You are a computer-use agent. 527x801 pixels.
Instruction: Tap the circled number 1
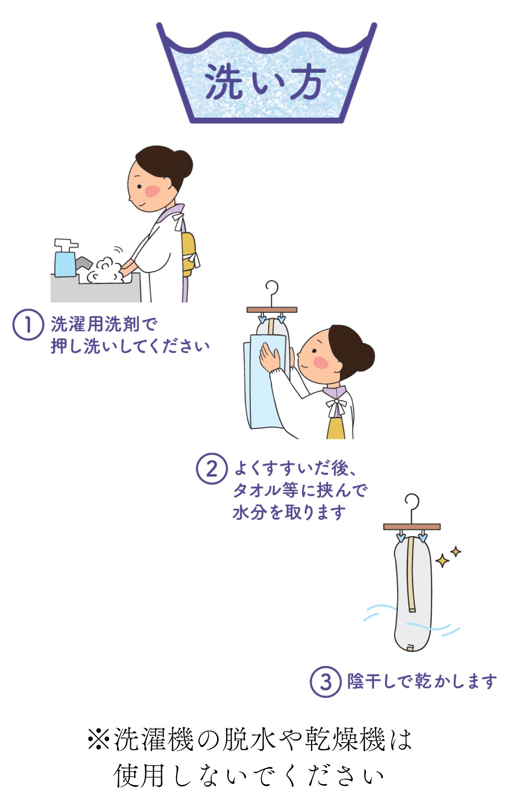pyautogui.click(x=28, y=324)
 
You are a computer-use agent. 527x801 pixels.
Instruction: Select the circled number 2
pyautogui.click(x=212, y=469)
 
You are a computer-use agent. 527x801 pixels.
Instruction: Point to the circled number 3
pyautogui.click(x=326, y=682)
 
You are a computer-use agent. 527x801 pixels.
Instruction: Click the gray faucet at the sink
pyautogui.click(x=84, y=262)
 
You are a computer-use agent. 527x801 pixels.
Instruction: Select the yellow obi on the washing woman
pyautogui.click(x=189, y=254)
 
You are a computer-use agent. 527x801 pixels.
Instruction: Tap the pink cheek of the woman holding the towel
pyautogui.click(x=321, y=363)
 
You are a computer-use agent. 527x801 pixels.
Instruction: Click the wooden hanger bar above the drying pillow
pyautogui.click(x=412, y=526)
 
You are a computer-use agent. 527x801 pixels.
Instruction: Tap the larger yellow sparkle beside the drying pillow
pyautogui.click(x=442, y=560)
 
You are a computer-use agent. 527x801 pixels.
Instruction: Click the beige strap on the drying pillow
pyautogui.click(x=411, y=575)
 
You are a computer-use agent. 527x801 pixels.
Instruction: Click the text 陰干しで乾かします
pyautogui.click(x=422, y=682)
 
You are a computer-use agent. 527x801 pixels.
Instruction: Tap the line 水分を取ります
pyautogui.click(x=289, y=512)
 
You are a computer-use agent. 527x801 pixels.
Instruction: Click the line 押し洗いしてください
pyautogui.click(x=130, y=346)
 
